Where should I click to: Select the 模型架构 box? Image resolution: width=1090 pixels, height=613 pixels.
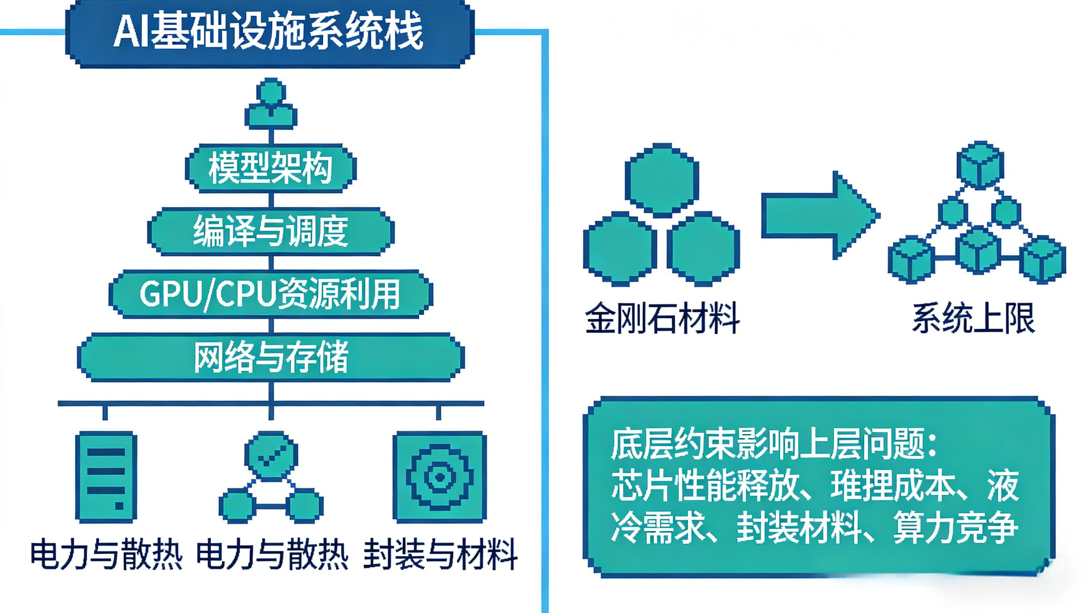click(x=270, y=169)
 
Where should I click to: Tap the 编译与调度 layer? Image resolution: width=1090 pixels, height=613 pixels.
click(x=271, y=231)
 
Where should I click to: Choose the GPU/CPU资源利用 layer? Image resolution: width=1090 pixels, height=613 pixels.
click(x=271, y=294)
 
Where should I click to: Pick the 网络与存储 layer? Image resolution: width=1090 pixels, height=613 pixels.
click(x=271, y=357)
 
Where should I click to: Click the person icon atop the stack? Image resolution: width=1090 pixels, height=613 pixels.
click(x=271, y=104)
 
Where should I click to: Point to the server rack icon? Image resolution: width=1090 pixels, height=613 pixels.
click(x=106, y=477)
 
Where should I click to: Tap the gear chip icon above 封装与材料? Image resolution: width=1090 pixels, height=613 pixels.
click(x=440, y=477)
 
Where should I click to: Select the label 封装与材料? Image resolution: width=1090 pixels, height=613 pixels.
click(x=440, y=554)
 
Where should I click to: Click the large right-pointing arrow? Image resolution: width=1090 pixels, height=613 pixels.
click(x=819, y=215)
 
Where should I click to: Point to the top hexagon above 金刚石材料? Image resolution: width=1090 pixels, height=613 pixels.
click(x=662, y=179)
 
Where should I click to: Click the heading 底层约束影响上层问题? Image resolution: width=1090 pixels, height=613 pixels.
click(x=768, y=445)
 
